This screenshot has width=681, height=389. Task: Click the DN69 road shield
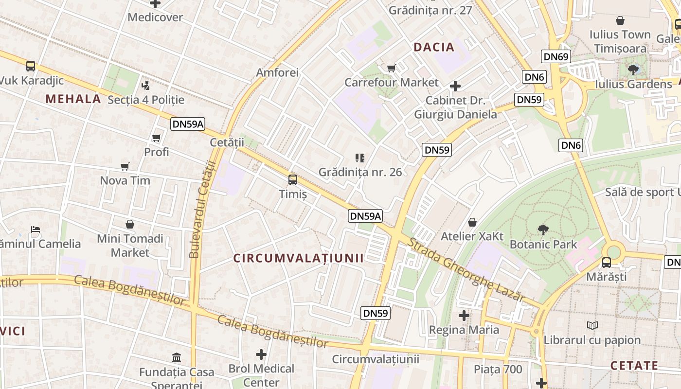point(556,56)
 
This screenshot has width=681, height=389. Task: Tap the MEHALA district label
point(73,99)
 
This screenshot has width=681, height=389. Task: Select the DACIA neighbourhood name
point(434,47)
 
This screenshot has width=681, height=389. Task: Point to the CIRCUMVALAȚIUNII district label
point(299,258)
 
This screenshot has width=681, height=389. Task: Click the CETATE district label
point(641,366)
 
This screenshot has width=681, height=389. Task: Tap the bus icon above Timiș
point(293,180)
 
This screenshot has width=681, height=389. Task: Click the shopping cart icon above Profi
point(157,138)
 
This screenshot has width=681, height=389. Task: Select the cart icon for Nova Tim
point(125,167)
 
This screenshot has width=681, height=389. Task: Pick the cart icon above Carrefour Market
point(392,69)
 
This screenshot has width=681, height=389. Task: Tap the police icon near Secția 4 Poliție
point(145,86)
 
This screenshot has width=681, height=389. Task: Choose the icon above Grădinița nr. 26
point(360,158)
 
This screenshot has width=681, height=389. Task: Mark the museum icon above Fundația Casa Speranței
point(177,358)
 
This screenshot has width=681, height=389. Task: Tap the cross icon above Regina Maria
point(464,316)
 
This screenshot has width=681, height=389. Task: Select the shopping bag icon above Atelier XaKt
point(472,223)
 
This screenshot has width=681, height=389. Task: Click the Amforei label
point(277,72)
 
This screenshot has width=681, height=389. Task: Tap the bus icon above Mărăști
point(607,263)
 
